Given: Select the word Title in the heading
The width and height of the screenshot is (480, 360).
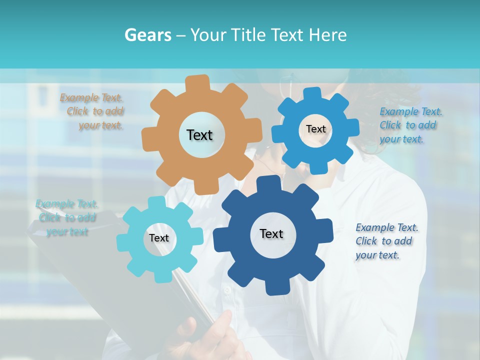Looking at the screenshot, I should coord(246,35).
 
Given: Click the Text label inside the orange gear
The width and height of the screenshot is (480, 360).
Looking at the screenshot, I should coord(199,135).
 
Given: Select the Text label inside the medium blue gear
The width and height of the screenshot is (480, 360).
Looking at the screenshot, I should coord(315,129).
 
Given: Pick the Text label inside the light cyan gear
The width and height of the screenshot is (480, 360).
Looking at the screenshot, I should coord(159,238).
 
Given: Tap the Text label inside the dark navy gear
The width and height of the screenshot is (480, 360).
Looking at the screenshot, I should coord(271,233).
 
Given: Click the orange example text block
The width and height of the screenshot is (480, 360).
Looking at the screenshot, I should coord(93,111).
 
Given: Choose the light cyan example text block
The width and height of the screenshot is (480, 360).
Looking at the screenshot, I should coord(67,218).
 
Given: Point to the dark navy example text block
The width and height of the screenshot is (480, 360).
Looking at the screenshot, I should coord(386,241).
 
